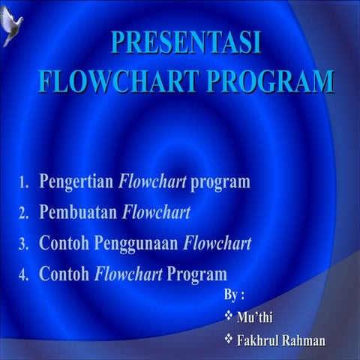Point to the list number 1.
23,183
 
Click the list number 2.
23,214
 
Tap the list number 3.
23,244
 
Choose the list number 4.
23,275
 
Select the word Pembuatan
78,213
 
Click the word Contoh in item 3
61,244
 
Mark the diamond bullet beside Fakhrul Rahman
229,340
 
